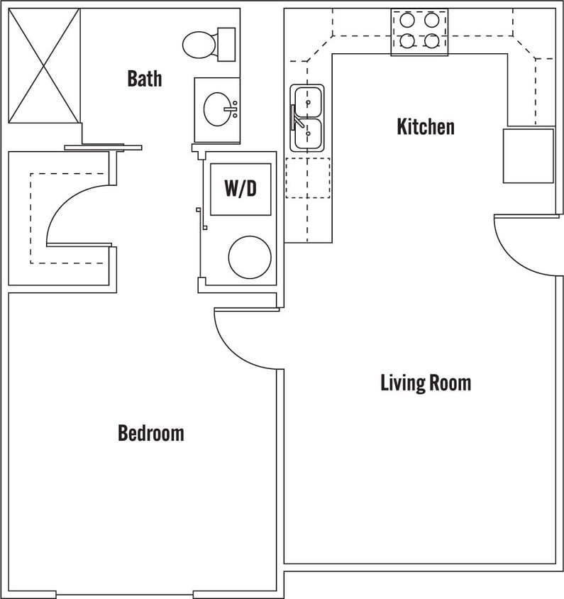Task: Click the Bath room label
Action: (x=144, y=78)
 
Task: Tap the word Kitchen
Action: (x=425, y=127)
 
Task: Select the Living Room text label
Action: (x=425, y=383)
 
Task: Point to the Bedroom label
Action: (x=150, y=433)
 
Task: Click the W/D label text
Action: (x=240, y=189)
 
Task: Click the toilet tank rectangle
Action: (x=226, y=45)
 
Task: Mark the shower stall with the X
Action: (x=44, y=65)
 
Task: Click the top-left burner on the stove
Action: (x=407, y=21)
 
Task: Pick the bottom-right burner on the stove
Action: (x=431, y=41)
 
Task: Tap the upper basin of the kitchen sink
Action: (x=308, y=101)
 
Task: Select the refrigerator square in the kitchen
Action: (x=528, y=155)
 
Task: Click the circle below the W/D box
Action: (x=250, y=257)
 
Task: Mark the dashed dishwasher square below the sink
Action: (x=307, y=177)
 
